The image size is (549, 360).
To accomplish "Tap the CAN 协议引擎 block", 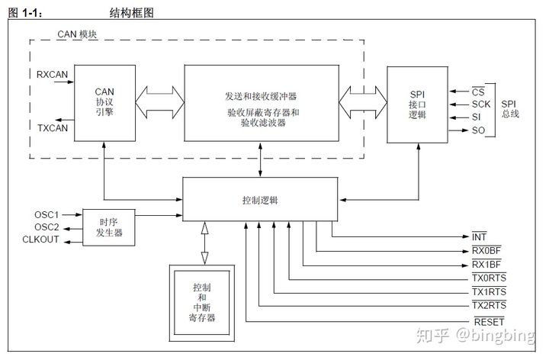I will [104, 102].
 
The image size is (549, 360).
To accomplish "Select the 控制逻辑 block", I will [260, 201].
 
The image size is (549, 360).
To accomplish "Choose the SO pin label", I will [478, 130].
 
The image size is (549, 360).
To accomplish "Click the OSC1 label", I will [47, 214].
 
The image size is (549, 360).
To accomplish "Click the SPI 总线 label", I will [508, 109].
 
